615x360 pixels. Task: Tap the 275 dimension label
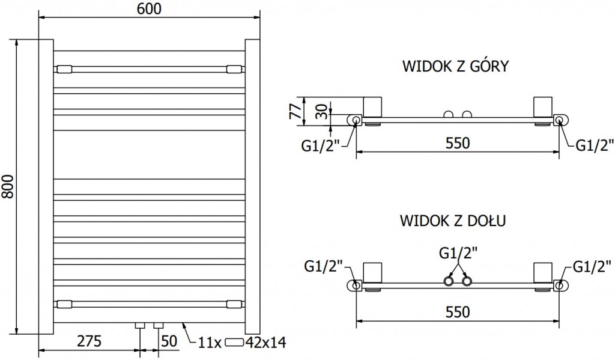point(88,341)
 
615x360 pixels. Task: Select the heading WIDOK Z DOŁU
point(452,221)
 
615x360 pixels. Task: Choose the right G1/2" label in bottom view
point(593,265)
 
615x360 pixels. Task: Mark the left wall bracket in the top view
point(372,106)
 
